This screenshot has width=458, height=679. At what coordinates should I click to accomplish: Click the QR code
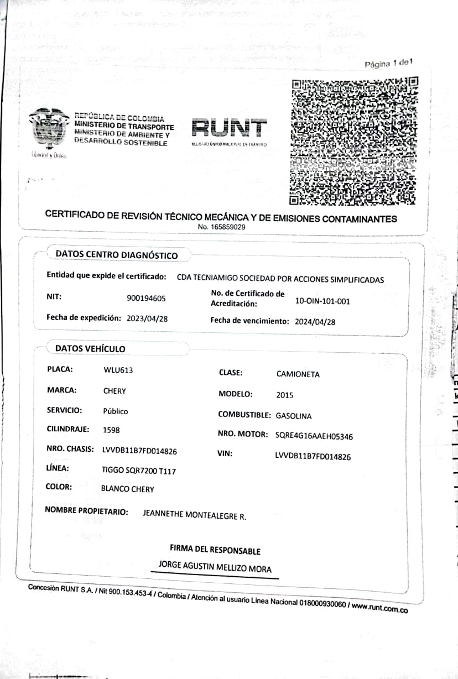354,141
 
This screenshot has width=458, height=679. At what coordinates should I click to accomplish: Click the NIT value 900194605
146,299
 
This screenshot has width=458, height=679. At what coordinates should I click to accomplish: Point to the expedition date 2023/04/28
147,318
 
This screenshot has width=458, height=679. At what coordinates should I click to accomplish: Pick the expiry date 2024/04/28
315,321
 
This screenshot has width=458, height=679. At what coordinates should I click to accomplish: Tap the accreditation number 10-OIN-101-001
323,301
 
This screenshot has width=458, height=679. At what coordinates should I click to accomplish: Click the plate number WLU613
118,370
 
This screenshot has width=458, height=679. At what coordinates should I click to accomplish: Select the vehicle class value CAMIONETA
298,374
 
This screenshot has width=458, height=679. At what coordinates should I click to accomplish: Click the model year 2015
284,395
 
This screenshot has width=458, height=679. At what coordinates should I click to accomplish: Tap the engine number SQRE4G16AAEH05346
314,436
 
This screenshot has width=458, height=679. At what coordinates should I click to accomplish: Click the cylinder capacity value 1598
111,430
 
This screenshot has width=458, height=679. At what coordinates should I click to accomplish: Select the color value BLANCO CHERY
127,489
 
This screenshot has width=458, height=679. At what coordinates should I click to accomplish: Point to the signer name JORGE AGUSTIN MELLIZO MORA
215,566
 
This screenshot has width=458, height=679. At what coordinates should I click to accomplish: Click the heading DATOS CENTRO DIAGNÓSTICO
117,255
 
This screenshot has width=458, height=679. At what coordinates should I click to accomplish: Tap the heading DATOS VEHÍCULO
90,349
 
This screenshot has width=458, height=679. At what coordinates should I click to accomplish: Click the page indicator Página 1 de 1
389,64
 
